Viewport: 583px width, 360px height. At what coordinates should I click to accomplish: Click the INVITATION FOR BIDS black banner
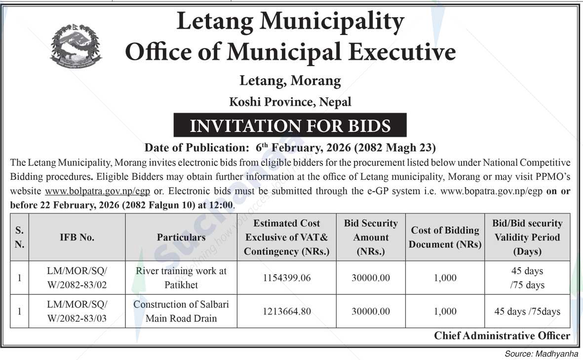290,125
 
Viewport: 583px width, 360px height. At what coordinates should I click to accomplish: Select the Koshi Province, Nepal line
290,102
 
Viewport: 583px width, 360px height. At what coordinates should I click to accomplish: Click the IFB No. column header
77,238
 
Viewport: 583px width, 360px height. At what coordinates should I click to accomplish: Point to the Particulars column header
181,238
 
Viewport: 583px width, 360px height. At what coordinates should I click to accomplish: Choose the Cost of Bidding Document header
445,238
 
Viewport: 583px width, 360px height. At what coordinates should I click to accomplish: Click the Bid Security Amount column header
371,238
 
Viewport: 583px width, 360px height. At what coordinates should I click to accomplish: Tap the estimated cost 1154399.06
286,278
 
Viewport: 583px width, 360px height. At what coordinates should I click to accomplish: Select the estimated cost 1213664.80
286,312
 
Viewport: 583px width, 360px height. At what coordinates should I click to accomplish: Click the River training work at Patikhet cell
181,278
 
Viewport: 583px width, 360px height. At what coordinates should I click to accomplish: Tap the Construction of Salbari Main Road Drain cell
181,312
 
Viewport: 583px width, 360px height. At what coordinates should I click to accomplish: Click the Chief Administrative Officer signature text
502,336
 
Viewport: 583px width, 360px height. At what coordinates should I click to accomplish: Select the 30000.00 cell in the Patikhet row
371,278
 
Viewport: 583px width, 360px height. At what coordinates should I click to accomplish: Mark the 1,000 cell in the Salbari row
445,312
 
